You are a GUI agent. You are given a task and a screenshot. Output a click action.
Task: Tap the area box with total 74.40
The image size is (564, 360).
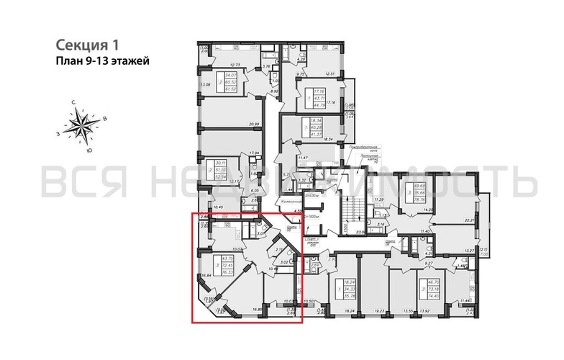pos(435,289)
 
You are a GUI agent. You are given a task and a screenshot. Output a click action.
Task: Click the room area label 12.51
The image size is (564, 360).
pos(330,73)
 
